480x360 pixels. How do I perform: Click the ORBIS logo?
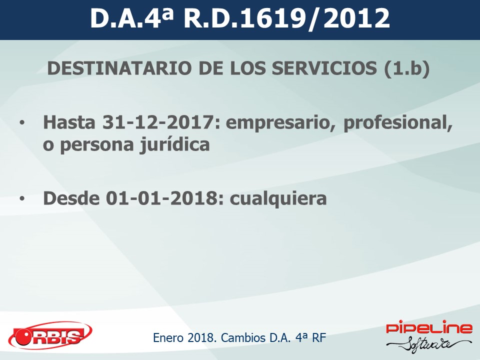click(x=50, y=336)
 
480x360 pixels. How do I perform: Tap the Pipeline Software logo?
click(x=429, y=336)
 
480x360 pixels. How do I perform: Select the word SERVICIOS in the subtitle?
click(x=324, y=68)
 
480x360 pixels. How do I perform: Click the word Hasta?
click(x=69, y=122)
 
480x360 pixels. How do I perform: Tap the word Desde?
click(x=71, y=198)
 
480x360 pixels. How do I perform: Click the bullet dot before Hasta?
click(x=21, y=123)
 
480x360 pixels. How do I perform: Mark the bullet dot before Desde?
click(x=21, y=199)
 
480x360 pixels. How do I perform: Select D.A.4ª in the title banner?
click(x=132, y=18)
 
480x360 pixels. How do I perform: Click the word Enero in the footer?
click(x=168, y=337)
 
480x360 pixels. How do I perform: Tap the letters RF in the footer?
click(x=319, y=337)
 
